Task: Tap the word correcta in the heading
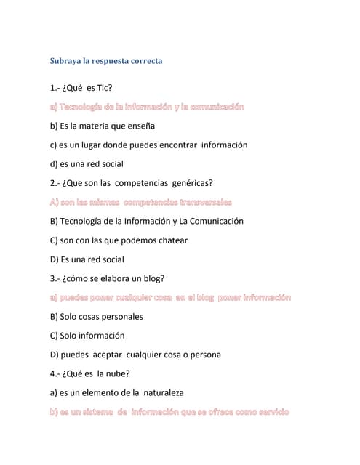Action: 143,61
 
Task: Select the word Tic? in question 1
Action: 105,88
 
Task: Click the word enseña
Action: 140,126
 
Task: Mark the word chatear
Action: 169,240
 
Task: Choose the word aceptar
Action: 108,355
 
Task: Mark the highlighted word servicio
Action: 271,412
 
